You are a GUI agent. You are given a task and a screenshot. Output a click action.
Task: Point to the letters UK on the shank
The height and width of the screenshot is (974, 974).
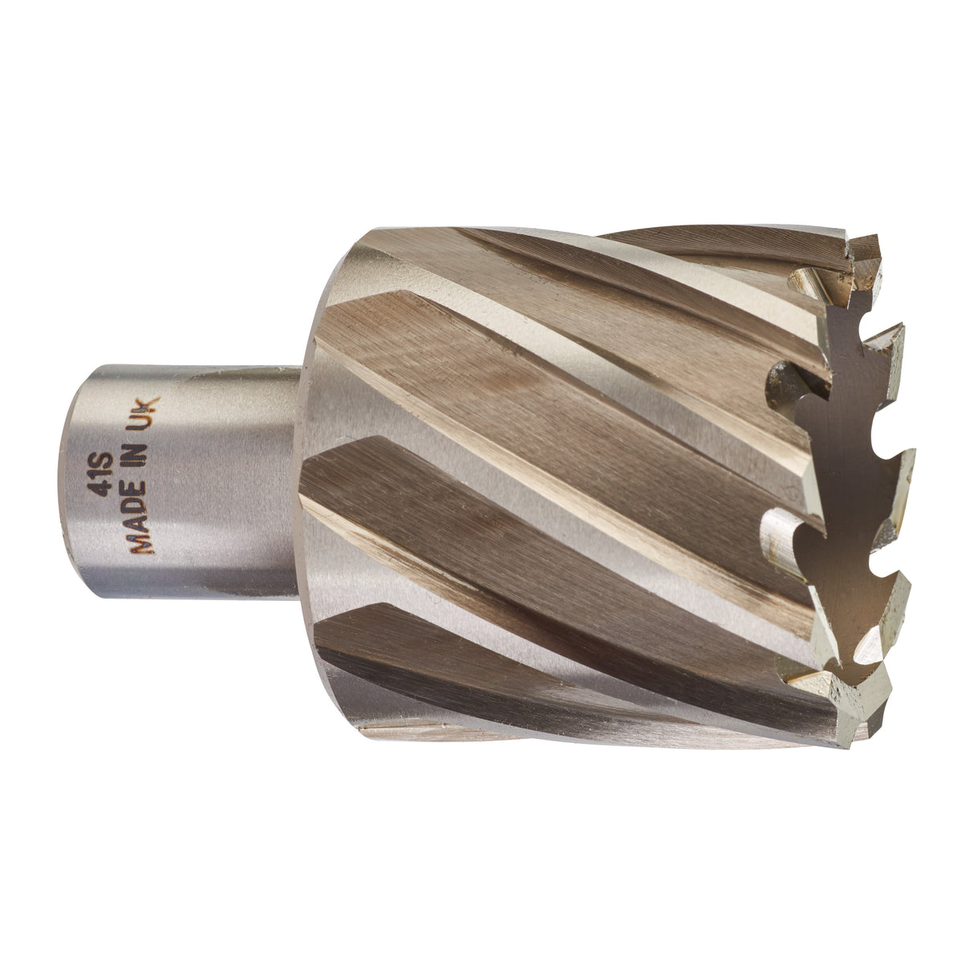pos(149,412)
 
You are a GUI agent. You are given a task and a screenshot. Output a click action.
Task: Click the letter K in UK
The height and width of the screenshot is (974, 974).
pos(149,404)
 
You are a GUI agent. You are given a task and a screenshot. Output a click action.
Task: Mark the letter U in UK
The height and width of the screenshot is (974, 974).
pos(149,420)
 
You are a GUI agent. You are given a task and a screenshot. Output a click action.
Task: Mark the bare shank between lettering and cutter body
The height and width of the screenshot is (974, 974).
pos(241,481)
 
